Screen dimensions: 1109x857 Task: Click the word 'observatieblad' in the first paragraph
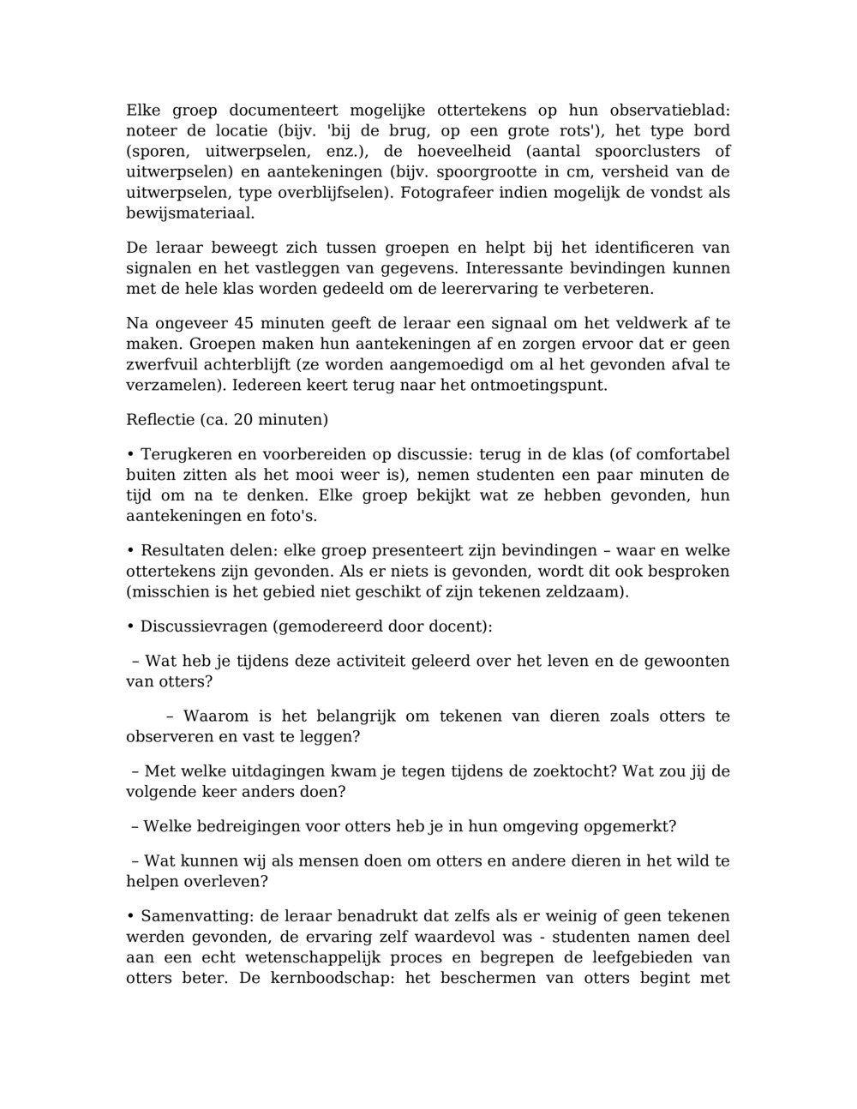(668, 111)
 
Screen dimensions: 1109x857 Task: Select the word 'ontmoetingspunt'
(536, 386)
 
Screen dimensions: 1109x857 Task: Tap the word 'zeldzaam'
(581, 591)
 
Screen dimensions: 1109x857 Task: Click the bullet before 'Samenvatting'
(130, 917)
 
